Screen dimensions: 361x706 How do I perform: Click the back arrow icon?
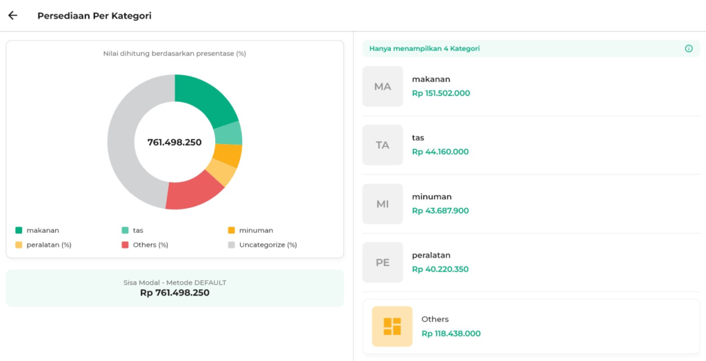click(x=12, y=15)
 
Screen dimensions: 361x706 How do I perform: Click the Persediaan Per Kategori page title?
click(x=94, y=16)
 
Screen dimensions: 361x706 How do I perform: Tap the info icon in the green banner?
click(x=688, y=49)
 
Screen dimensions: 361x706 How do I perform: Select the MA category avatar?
click(x=383, y=87)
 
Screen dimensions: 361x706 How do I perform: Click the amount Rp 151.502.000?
click(x=441, y=94)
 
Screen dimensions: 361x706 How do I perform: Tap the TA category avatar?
click(x=383, y=145)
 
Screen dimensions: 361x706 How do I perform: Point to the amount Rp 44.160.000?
click(x=440, y=152)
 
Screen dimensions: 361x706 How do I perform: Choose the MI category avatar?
click(x=383, y=204)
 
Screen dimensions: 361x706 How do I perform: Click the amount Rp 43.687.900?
click(x=440, y=211)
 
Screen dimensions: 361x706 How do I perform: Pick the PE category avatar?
click(x=383, y=262)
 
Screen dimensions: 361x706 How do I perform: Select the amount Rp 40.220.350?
click(x=440, y=269)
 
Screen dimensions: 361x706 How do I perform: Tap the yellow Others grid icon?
click(x=392, y=326)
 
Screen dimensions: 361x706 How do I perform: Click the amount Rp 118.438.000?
click(x=451, y=333)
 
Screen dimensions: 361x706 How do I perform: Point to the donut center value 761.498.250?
click(x=174, y=143)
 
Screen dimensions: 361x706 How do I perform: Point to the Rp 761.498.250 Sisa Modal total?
click(x=174, y=293)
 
